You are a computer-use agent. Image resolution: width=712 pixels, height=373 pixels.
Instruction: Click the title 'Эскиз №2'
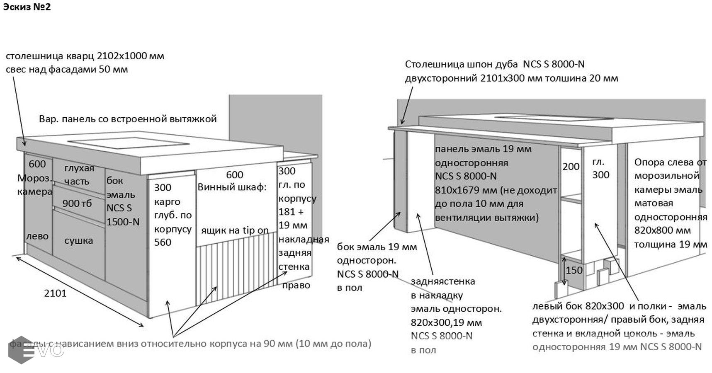coord(27,7)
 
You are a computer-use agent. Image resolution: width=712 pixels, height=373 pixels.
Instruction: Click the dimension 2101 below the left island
coord(55,293)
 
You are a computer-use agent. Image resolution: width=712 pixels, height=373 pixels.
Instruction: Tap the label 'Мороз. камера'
coord(35,184)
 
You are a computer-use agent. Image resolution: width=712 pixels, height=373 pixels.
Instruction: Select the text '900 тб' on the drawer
coord(77,203)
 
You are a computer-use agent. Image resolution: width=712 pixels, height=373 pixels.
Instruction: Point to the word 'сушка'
coord(78,240)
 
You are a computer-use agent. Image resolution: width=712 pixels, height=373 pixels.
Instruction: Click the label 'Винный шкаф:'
coord(232,187)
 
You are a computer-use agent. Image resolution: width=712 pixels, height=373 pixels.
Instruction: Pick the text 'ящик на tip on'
coord(235,230)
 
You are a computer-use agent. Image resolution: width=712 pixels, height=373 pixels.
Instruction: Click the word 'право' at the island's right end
coord(296,285)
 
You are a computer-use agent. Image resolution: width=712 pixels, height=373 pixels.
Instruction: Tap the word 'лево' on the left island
coord(37,236)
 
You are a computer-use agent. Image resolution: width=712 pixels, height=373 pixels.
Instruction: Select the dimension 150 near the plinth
coord(574,270)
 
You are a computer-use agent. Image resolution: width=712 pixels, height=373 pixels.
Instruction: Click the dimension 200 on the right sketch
coord(571,167)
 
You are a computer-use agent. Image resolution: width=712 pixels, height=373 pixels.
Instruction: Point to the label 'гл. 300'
coord(600,168)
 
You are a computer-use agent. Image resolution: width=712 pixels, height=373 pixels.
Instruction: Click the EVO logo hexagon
coord(21,350)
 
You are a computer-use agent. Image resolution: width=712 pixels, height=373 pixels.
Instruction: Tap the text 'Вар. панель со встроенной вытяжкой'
coord(128,119)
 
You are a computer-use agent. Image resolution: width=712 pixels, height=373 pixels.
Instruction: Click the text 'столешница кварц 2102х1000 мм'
coord(85,56)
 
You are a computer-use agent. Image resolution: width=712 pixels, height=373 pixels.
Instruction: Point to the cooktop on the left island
coord(128,143)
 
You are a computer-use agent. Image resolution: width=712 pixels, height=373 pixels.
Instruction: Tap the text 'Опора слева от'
coord(670,162)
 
